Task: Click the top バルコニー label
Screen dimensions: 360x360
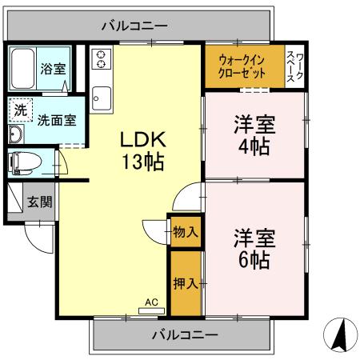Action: click(134, 26)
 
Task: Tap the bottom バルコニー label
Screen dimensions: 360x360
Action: click(183, 334)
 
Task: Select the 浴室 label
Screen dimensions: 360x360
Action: click(53, 70)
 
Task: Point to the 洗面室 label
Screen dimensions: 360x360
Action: click(58, 120)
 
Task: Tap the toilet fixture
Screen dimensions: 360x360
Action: click(24, 161)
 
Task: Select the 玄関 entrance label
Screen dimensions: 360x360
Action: click(38, 202)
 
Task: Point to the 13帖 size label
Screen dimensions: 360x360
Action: click(143, 162)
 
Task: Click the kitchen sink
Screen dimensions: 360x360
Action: click(102, 100)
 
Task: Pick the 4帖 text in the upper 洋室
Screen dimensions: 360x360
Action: click(253, 146)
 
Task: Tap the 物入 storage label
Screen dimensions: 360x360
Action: click(186, 232)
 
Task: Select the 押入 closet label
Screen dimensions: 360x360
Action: click(186, 283)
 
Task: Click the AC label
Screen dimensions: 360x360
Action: click(150, 303)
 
